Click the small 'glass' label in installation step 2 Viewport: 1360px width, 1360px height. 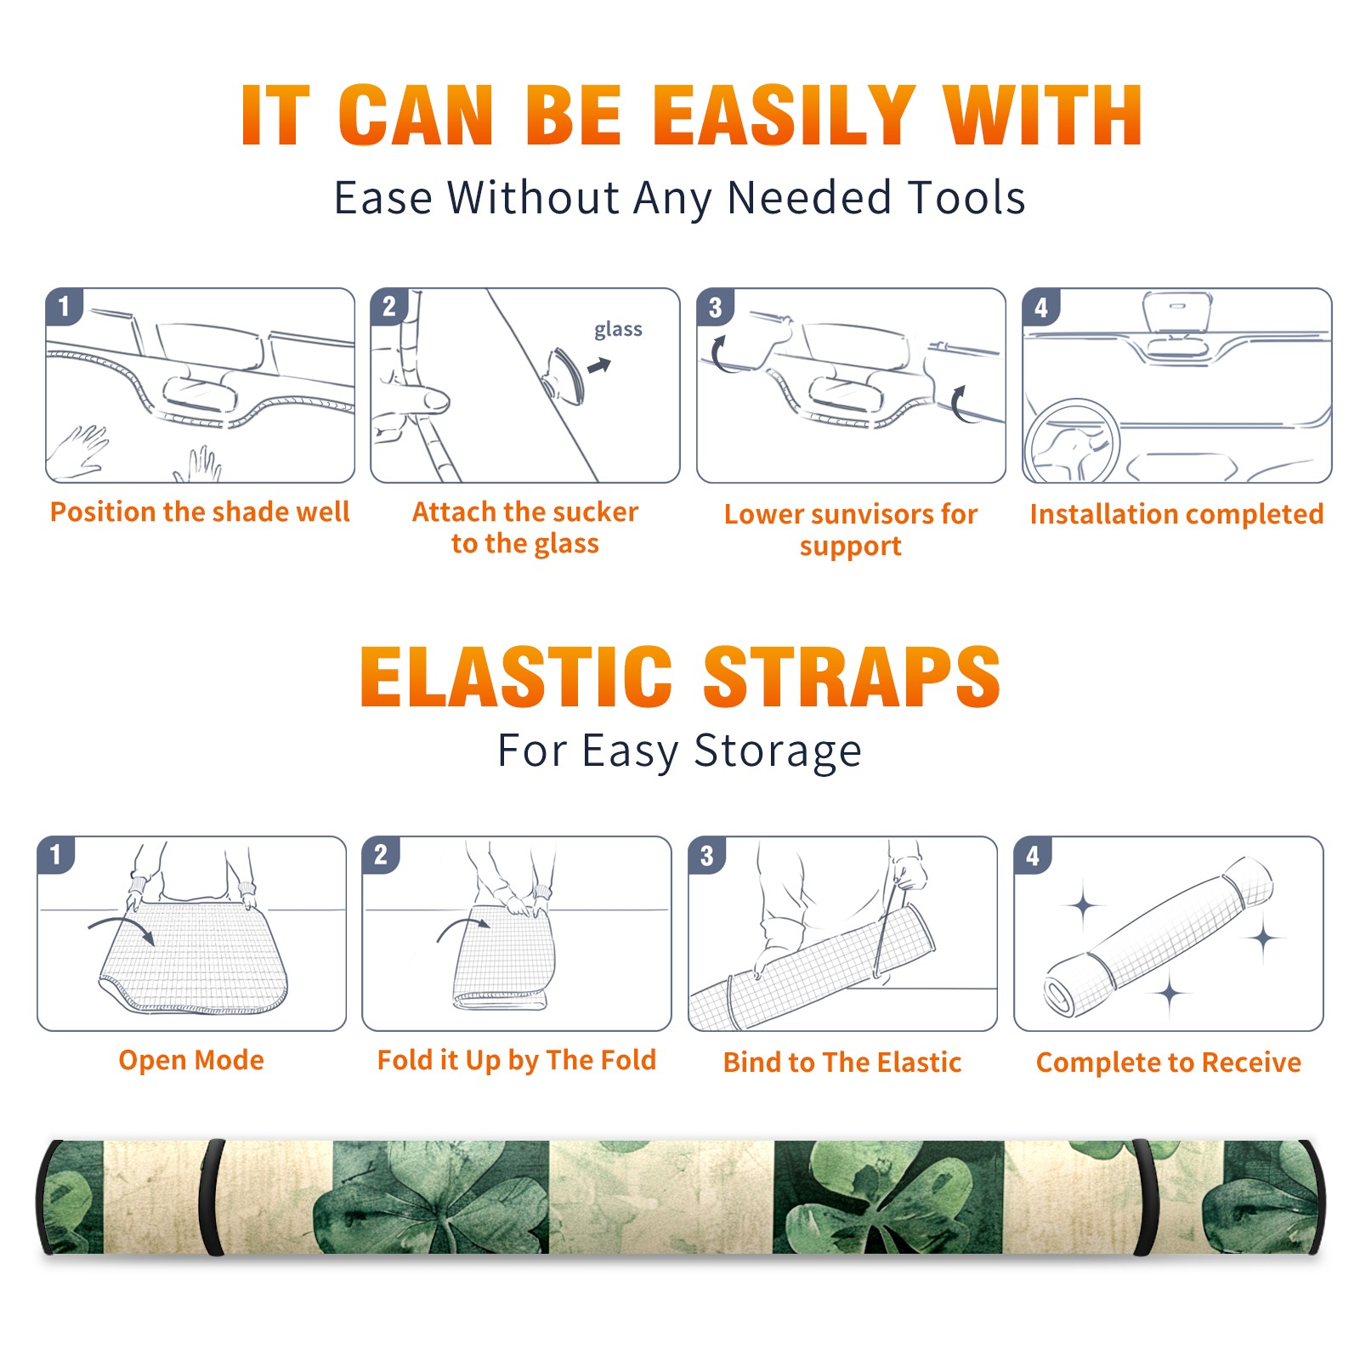point(618,329)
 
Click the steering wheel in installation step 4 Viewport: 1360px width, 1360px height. point(1071,440)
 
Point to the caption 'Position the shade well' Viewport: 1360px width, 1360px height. point(200,512)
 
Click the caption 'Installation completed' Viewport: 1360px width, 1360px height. point(1176,513)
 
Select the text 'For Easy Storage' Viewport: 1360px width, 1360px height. point(679,751)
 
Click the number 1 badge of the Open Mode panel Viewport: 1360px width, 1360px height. point(56,854)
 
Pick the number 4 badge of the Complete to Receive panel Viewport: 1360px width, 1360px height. point(1033,855)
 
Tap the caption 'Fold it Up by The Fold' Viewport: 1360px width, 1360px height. point(517,1060)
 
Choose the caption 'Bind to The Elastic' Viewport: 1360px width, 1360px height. point(842,1062)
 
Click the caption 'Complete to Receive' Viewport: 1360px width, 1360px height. point(1169,1062)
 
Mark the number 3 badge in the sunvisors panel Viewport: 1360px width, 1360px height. point(715,307)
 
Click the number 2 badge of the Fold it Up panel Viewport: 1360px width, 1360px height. point(381,854)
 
